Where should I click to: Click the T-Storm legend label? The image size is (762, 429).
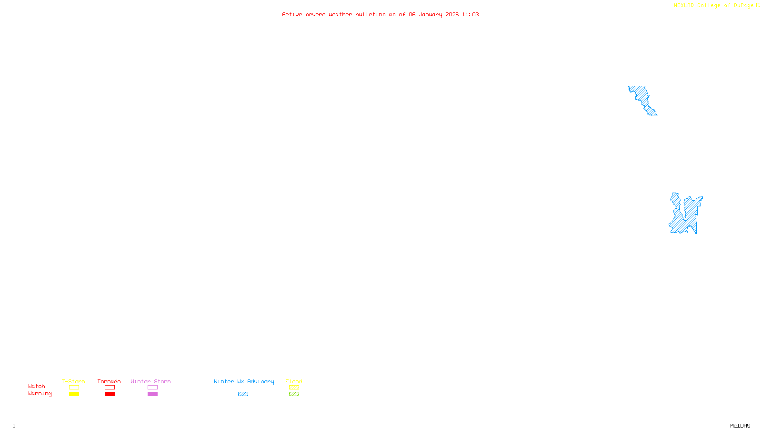point(73,381)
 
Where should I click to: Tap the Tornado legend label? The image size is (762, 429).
point(109,381)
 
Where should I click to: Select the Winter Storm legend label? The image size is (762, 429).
point(150,381)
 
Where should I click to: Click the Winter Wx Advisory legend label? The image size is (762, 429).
point(244,381)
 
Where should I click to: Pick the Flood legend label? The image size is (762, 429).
point(294,381)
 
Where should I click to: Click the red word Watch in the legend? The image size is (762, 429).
point(37,386)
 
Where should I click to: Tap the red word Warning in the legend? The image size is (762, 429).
point(40,394)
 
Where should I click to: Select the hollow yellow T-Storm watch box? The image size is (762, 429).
point(74,388)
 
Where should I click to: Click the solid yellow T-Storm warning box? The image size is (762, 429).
point(74,394)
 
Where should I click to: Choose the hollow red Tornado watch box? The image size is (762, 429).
point(110,388)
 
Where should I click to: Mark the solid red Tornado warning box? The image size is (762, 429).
point(110,394)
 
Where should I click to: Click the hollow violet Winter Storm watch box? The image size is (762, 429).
point(152,388)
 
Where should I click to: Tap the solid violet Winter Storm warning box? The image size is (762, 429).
point(152,394)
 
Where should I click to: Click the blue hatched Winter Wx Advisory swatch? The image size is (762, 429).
point(243,394)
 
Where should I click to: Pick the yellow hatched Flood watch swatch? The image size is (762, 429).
point(294,388)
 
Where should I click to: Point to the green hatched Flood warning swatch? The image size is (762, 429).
point(294,394)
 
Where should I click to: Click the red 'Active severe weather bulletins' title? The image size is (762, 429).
point(381,14)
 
